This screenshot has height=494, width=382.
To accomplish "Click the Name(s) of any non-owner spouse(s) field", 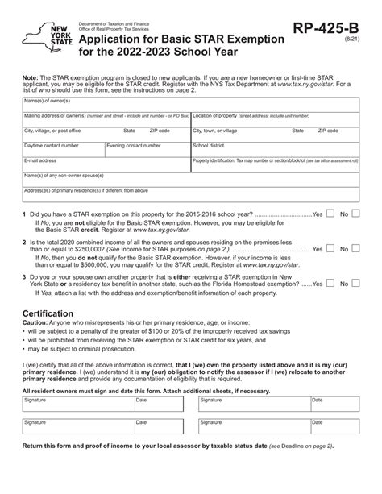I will pos(191,180).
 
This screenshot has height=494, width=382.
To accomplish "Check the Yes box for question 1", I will pos(330,214).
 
